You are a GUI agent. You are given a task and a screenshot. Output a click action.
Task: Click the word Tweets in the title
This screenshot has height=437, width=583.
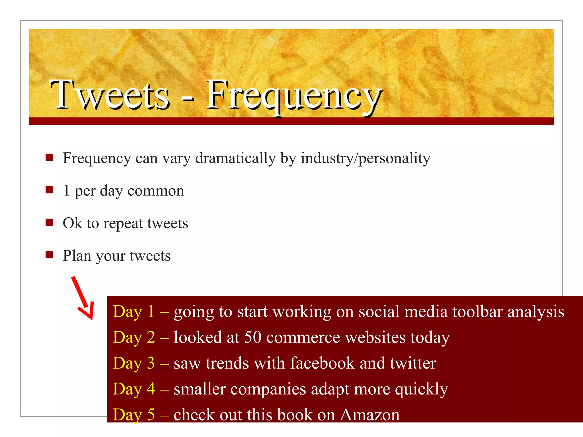110,95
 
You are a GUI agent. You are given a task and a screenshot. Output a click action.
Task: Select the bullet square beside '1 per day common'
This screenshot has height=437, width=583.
49,190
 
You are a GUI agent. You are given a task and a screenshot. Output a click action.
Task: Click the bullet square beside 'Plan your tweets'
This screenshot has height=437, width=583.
49,255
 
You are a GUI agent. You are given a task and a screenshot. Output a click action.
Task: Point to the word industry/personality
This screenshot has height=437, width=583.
366,158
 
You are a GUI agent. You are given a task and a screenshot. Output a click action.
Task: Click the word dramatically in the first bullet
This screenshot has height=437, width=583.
235,158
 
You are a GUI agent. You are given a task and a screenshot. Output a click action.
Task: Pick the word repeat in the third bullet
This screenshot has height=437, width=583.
123,223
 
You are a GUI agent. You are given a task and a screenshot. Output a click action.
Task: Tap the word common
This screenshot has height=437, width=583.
156,191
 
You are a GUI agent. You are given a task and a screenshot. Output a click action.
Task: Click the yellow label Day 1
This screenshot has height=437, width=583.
134,312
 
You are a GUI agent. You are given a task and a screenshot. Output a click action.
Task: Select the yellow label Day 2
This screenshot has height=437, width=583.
134,338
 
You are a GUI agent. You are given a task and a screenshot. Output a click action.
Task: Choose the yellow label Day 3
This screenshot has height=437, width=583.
134,363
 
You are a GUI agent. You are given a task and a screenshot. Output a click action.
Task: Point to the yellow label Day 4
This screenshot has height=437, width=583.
134,389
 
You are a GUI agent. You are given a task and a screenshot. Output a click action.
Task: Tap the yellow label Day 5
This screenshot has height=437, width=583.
134,415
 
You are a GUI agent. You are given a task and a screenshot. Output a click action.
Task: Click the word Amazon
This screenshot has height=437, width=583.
370,415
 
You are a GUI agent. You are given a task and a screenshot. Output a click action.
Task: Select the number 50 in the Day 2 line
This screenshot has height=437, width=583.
253,337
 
